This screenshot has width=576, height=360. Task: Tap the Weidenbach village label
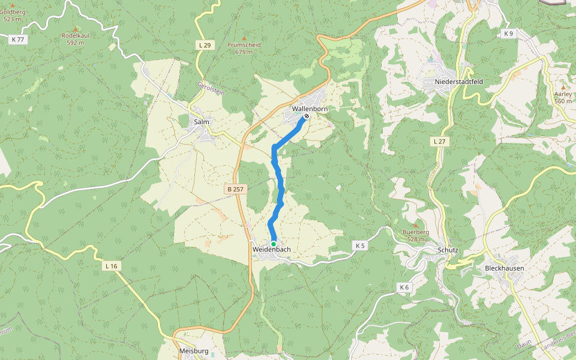pyautogui.click(x=272, y=249)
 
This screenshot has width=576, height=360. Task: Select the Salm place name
pyautogui.click(x=201, y=122)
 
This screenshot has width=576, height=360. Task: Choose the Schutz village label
pyautogui.click(x=448, y=250)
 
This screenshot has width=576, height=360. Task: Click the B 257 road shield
pyautogui.click(x=236, y=189)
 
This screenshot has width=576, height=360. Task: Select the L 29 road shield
pyautogui.click(x=205, y=45)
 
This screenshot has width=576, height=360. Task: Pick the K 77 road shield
pyautogui.click(x=18, y=40)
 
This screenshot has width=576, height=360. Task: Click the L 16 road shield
pyautogui.click(x=111, y=266)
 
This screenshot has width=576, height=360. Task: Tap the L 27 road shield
pyautogui.click(x=439, y=141)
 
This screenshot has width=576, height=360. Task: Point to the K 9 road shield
pyautogui.click(x=509, y=34)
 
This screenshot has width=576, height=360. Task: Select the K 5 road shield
pyautogui.click(x=359, y=245)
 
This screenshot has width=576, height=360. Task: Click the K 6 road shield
pyautogui.click(x=404, y=287)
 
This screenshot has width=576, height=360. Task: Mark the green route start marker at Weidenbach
pyautogui.click(x=274, y=243)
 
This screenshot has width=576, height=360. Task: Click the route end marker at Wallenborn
pyautogui.click(x=307, y=116)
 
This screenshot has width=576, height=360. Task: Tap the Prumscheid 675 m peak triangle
pyautogui.click(x=244, y=37)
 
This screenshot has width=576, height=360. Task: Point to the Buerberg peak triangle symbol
pyautogui.click(x=415, y=225)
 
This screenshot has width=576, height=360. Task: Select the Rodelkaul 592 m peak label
pyautogui.click(x=76, y=39)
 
